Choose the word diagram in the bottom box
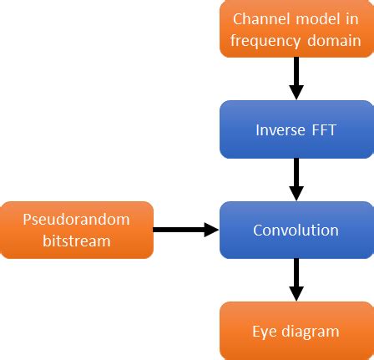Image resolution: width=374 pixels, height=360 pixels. (309, 341)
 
